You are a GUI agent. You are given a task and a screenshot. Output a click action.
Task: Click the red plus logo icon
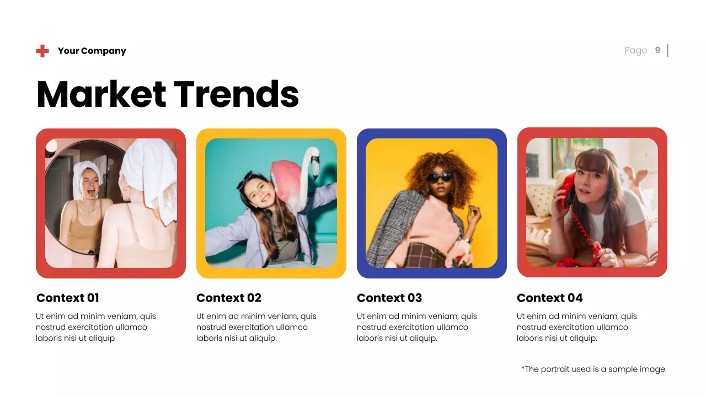42,51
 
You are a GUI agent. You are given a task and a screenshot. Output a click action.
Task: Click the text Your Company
92,51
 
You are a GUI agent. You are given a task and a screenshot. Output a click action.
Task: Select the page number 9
657,50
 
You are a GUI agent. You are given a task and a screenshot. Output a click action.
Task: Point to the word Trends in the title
236,94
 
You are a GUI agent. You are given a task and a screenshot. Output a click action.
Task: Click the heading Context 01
67,298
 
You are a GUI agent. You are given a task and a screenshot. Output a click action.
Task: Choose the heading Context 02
228,298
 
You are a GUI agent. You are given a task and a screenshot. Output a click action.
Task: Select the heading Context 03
389,298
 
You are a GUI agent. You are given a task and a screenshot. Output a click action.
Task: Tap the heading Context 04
549,298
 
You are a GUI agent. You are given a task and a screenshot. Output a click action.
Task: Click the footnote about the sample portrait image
593,369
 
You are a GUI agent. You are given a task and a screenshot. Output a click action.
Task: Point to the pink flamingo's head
313,157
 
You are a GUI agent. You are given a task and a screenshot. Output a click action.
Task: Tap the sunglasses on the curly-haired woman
440,177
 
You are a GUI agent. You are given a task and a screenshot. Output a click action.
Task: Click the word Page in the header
635,50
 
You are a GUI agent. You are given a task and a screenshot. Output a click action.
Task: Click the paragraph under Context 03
416,327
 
